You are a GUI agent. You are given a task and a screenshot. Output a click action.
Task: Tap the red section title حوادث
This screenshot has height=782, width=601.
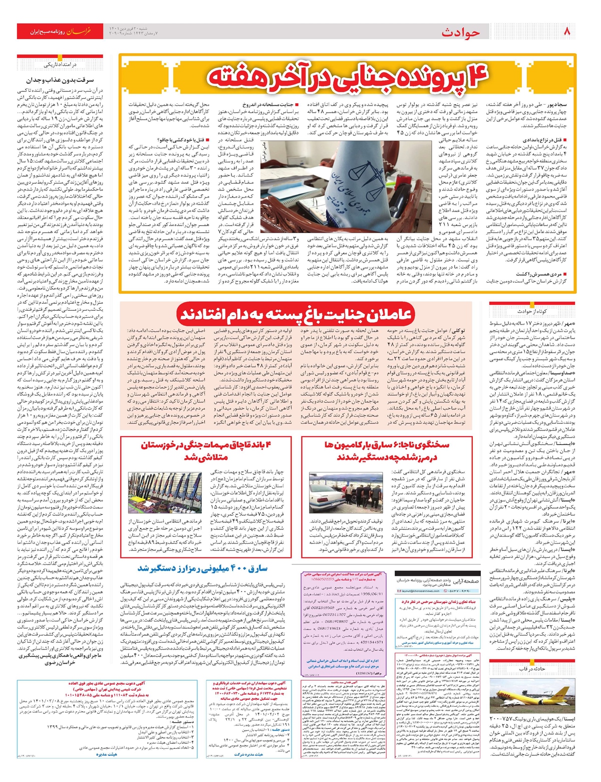tap(460, 33)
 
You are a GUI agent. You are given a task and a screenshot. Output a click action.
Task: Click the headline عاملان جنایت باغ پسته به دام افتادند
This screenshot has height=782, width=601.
tap(295, 315)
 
